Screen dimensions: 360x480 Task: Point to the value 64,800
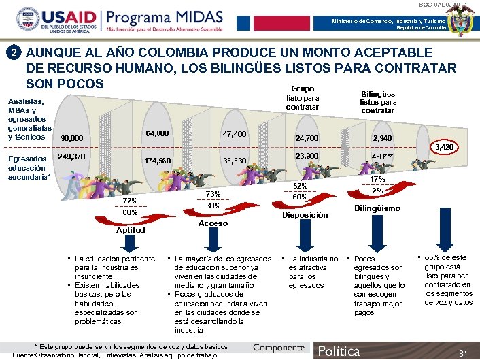click(x=158, y=131)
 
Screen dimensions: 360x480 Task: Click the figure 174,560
click(x=158, y=161)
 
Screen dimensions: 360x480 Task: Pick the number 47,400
click(x=235, y=135)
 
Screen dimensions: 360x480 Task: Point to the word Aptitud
click(x=131, y=230)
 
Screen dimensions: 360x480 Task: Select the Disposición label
click(x=305, y=215)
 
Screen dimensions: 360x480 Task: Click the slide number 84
click(x=463, y=353)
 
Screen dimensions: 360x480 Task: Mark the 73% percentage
click(x=213, y=193)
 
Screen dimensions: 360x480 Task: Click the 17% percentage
click(x=377, y=179)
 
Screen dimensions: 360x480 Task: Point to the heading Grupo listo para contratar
click(x=303, y=98)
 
